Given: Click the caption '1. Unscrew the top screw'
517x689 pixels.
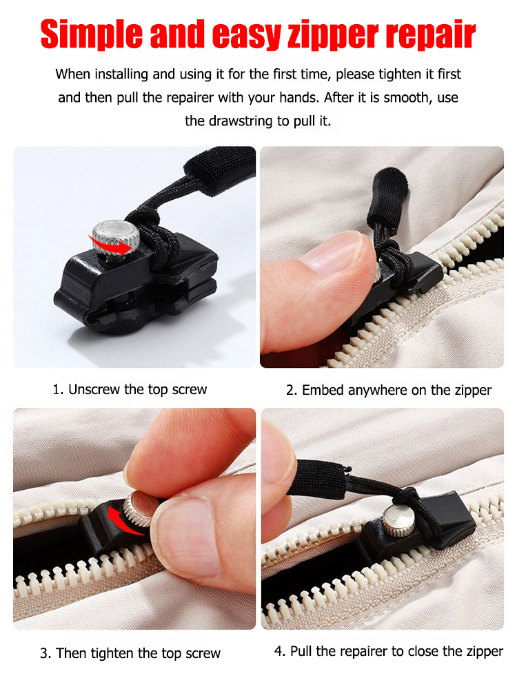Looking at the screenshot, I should (130, 389).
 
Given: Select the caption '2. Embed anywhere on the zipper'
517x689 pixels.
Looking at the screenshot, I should (389, 390).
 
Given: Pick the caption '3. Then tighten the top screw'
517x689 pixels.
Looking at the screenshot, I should (130, 653).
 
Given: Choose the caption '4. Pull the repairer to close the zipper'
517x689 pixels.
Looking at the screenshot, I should (389, 651).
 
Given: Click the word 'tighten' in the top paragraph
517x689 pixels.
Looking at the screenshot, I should (392, 74).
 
